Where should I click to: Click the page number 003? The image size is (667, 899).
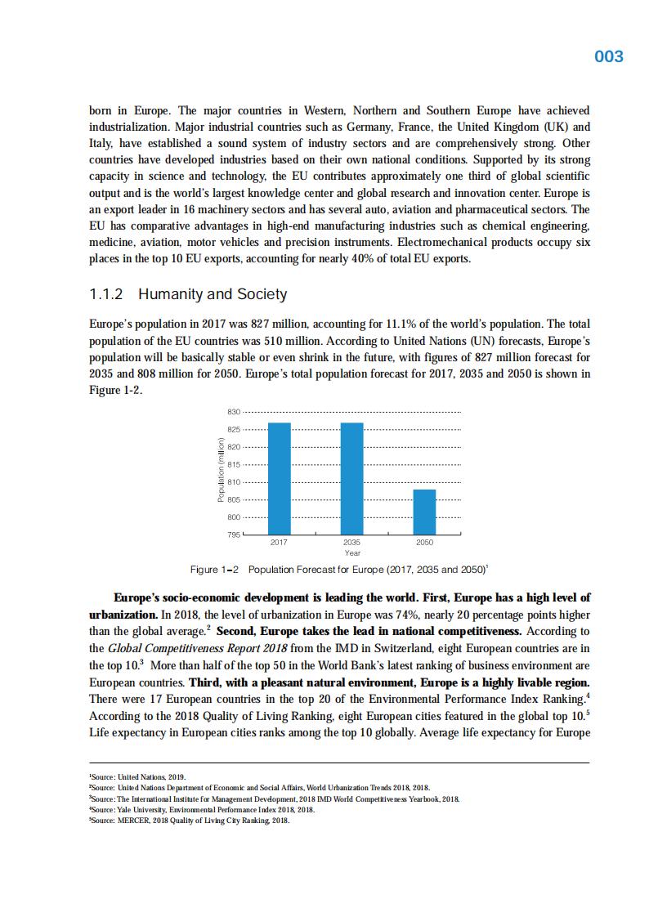[608, 56]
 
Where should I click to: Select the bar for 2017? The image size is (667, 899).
[280, 478]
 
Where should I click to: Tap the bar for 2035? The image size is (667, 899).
[352, 478]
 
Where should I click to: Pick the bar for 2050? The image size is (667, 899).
[424, 512]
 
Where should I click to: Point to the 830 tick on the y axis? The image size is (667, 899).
[233, 412]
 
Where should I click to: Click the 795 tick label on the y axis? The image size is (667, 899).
[233, 535]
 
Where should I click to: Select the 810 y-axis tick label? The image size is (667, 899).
[233, 482]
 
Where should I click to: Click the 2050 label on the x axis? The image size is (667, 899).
[424, 543]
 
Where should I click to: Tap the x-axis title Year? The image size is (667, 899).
[352, 553]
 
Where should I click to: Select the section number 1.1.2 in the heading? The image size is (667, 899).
[105, 294]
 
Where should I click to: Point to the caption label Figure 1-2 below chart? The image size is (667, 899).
[214, 570]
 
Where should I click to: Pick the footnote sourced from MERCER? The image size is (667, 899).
[189, 821]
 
